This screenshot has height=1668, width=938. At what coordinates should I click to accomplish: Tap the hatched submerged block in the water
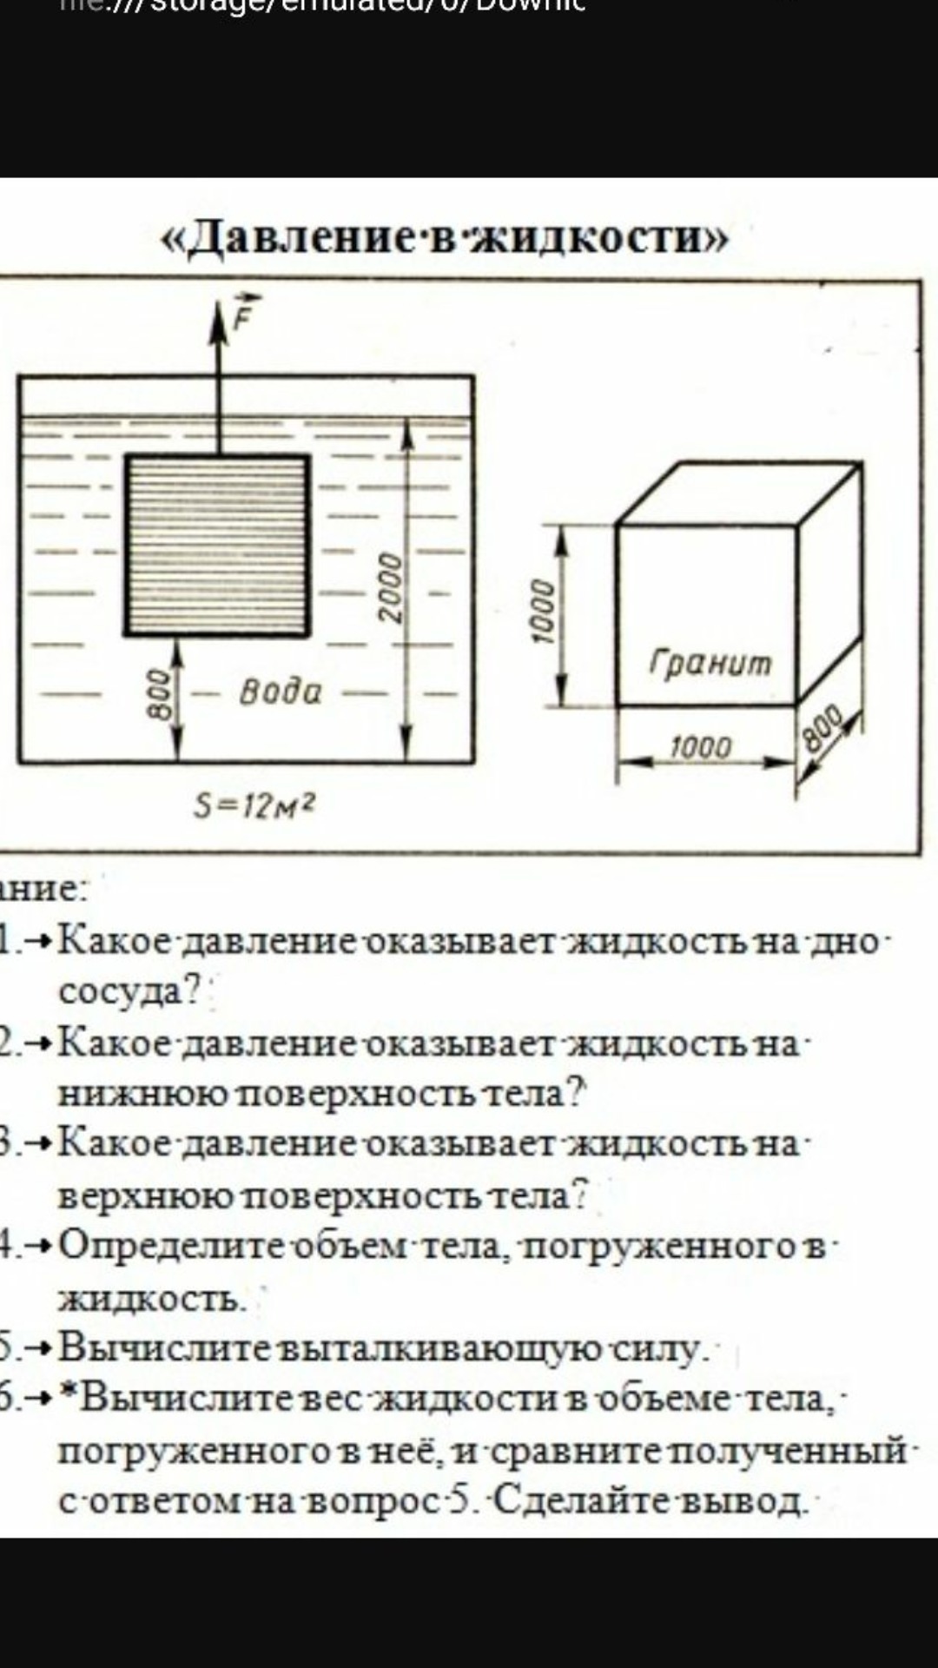coord(217,546)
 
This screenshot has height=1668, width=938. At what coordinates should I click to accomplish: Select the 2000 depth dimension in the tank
coord(392,587)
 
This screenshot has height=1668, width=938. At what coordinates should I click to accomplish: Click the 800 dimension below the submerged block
coord(160,693)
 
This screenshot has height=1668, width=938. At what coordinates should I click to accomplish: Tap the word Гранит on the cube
coord(710,663)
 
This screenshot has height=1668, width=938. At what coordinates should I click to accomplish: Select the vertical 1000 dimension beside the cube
coord(542,610)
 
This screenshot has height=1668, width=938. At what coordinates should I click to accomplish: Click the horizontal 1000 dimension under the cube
coord(701,747)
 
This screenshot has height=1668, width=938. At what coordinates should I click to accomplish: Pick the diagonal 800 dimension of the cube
coord(822,728)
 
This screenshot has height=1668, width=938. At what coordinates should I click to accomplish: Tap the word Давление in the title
coord(292,236)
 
